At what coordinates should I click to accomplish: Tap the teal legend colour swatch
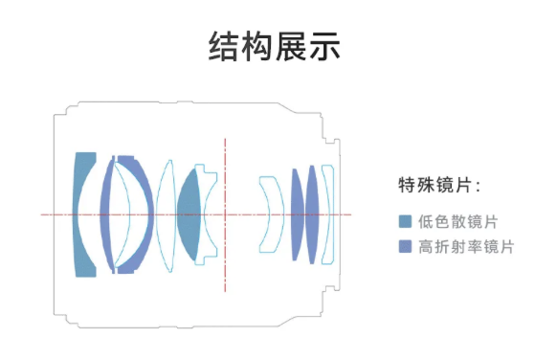click(x=405, y=222)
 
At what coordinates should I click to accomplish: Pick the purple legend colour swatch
click(x=405, y=247)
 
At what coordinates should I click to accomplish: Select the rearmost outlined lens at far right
click(x=328, y=213)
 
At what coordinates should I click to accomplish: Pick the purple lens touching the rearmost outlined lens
click(x=313, y=213)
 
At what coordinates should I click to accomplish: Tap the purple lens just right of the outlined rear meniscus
click(x=297, y=213)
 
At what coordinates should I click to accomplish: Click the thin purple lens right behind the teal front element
click(x=111, y=214)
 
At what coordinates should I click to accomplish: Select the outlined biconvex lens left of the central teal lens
click(x=165, y=214)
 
